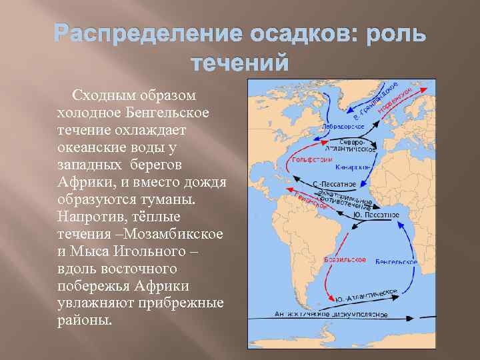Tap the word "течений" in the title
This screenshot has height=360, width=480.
(240, 63)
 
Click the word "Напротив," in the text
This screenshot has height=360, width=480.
(95, 217)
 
